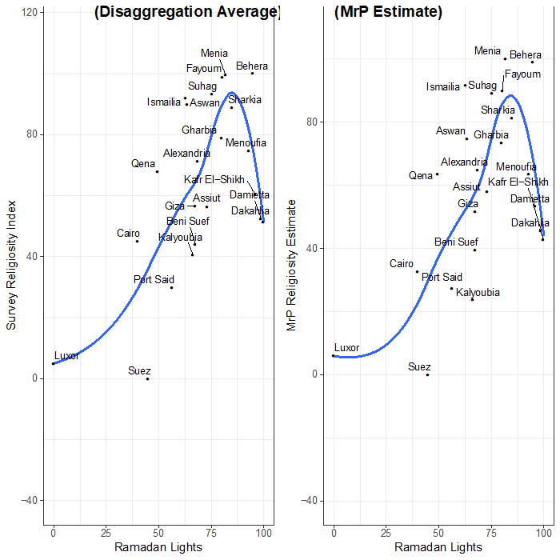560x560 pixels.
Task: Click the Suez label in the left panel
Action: (139, 371)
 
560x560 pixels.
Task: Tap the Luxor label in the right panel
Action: (346, 348)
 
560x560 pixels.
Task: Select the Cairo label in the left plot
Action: (128, 234)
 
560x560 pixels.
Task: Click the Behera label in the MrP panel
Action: (526, 55)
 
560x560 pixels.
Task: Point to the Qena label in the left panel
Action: (143, 164)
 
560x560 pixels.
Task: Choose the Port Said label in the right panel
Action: (442, 278)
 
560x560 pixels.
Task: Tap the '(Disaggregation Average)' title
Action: (186, 13)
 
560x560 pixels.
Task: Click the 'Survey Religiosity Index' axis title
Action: (12, 265)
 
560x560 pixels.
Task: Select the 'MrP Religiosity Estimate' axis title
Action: (292, 265)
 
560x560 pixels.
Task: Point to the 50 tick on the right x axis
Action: (438, 533)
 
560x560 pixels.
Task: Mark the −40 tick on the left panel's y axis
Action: (26, 500)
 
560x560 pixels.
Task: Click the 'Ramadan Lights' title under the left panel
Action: (158, 547)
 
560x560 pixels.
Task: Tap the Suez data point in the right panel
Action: (428, 374)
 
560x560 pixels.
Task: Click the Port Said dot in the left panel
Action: (171, 287)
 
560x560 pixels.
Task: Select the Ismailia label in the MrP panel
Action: (443, 87)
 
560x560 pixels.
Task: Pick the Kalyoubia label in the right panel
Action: (478, 293)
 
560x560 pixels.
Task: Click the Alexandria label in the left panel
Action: (186, 153)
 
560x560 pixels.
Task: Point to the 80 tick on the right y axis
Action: (311, 122)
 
